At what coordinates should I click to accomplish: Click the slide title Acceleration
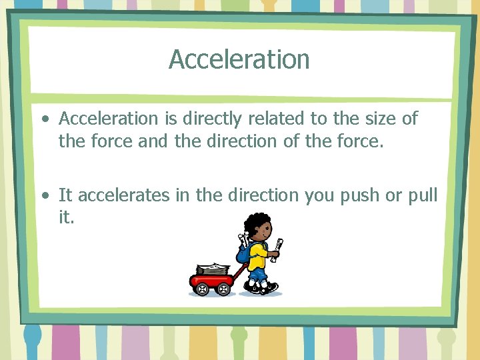[239, 59]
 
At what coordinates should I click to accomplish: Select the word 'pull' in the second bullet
[423, 196]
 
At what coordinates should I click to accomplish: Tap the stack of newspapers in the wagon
[212, 269]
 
